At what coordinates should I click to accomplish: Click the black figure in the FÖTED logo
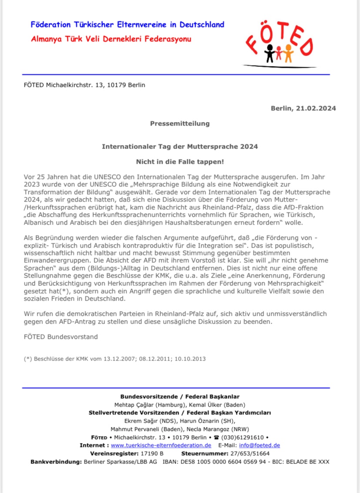(270, 53)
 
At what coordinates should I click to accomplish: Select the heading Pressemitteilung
(180, 123)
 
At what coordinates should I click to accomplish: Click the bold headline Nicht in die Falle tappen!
(180, 162)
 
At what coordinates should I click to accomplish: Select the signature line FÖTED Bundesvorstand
(60, 337)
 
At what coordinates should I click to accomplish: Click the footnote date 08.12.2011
(151, 359)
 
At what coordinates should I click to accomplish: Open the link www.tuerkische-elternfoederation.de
(161, 445)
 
